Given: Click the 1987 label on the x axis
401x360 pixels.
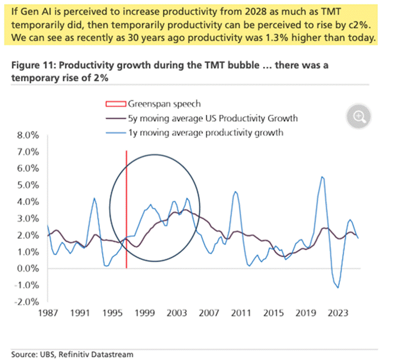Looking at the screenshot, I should (x=48, y=312).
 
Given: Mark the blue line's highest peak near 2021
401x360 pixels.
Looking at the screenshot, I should (x=321, y=177).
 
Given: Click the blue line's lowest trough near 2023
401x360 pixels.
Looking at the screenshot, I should (x=338, y=288).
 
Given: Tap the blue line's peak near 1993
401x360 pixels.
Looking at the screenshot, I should (x=94, y=198).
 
